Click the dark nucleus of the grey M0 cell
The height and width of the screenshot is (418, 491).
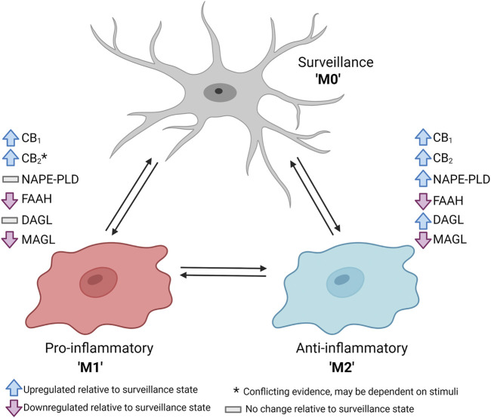point(219,92)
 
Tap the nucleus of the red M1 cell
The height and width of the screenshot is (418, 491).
point(94,280)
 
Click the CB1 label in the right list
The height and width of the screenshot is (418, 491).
point(444,138)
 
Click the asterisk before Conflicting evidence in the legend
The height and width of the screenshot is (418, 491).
point(237,390)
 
